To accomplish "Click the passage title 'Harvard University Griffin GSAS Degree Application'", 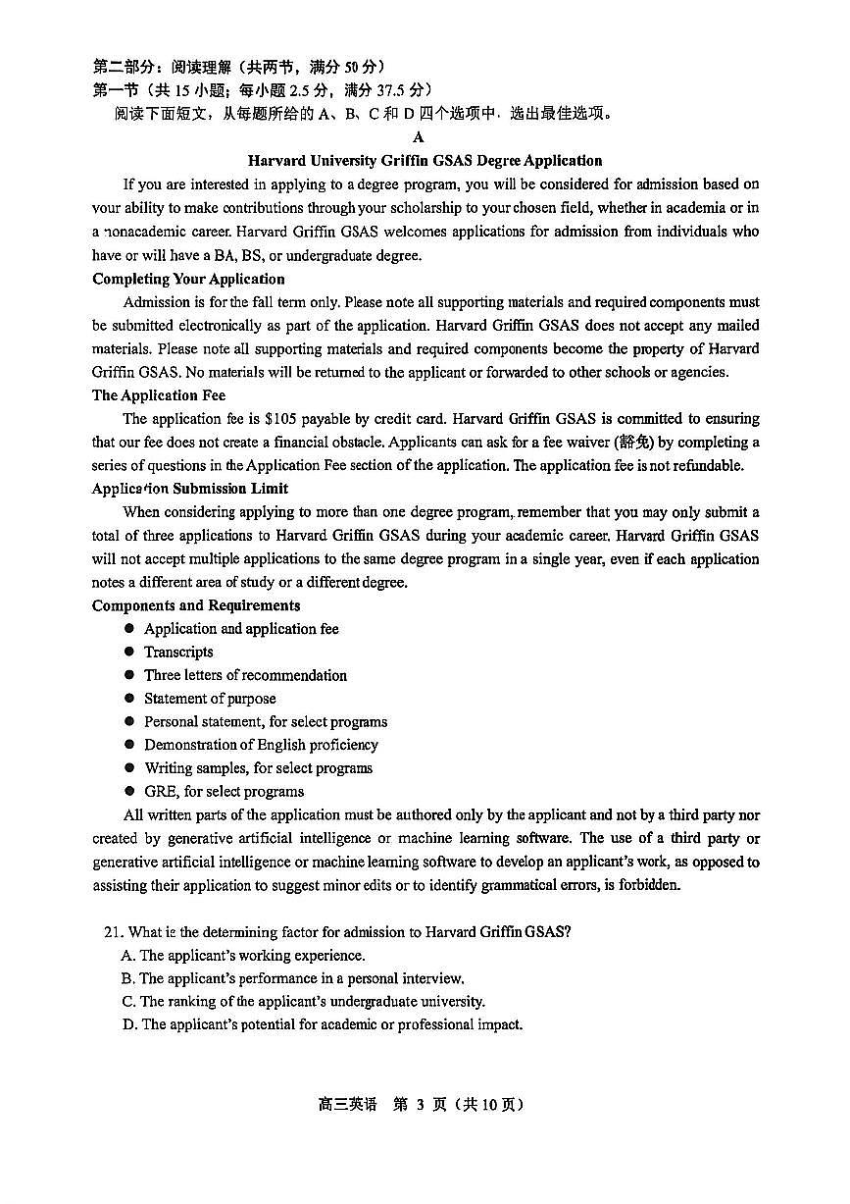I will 425,161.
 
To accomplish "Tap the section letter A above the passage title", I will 420,137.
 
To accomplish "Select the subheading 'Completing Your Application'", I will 188,280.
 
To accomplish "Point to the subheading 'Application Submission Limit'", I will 190,489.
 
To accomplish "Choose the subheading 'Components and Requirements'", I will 196,605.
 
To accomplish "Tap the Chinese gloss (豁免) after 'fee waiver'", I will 633,443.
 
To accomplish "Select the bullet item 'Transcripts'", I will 178,653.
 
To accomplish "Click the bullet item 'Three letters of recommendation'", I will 245,676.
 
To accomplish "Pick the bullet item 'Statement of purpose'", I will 210,699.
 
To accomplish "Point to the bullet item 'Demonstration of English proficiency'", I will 261,746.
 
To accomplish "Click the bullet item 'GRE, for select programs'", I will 224,792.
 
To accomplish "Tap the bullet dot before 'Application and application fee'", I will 129,629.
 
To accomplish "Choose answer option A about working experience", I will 243,956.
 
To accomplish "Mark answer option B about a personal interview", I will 292,978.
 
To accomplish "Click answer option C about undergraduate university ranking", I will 303,1002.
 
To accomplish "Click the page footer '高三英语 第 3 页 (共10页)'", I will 422,1105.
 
